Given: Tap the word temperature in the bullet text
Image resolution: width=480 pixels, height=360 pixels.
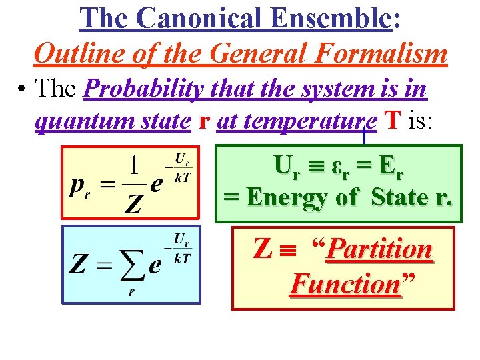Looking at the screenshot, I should click(297, 122).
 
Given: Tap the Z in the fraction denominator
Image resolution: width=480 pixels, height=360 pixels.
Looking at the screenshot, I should click(134, 205).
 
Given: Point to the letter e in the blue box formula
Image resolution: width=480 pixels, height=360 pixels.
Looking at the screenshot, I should click(155, 265).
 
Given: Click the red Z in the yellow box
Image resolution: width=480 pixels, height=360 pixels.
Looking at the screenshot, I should click(263, 249).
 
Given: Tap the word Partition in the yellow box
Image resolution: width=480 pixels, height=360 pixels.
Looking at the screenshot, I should click(380, 250).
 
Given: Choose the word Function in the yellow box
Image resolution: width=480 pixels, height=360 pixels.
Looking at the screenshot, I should click(345, 285).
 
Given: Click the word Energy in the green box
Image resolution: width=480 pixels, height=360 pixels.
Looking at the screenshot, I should click(291, 197).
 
